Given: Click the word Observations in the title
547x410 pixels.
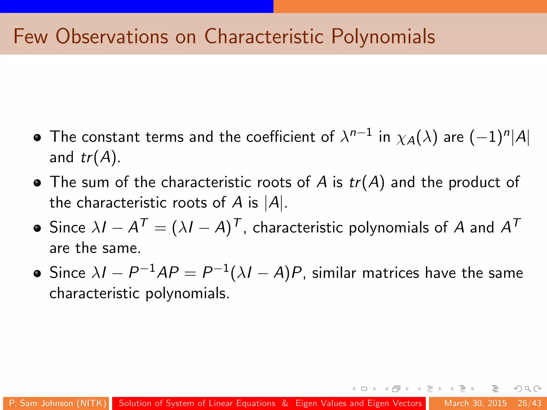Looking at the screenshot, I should [x=112, y=36].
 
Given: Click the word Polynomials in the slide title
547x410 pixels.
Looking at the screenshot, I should [x=383, y=37].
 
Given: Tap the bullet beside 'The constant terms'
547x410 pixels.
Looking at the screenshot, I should [x=37, y=138].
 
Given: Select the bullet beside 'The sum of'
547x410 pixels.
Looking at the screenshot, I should [x=37, y=183].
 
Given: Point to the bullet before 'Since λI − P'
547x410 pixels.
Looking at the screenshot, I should [x=37, y=274].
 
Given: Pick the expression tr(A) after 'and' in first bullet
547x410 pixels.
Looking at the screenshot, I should [x=99, y=157].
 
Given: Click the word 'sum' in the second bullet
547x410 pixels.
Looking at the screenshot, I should [x=95, y=183].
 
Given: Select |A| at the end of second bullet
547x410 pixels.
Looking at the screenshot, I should [x=273, y=203].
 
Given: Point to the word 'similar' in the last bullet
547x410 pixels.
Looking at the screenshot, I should [x=334, y=273].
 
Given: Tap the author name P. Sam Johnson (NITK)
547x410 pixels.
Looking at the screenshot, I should [x=57, y=403].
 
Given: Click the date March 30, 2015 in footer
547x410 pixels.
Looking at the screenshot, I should [x=475, y=403].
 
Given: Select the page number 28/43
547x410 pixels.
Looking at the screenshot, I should [x=529, y=403].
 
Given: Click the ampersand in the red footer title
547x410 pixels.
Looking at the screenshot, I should [x=285, y=403].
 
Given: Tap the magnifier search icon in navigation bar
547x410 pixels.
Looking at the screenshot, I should [x=528, y=389].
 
